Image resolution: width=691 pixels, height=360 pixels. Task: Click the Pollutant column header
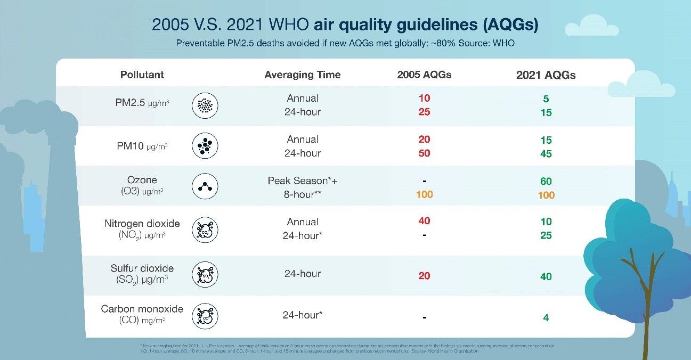tap(142, 75)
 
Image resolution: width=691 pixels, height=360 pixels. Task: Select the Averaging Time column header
tap(302, 75)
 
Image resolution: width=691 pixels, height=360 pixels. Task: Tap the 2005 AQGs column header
tap(424, 75)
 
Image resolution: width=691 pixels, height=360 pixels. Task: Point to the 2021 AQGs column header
tap(546, 75)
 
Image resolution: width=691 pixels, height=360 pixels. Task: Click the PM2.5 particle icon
tap(205, 105)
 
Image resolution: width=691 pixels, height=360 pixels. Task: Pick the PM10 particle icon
tap(205, 146)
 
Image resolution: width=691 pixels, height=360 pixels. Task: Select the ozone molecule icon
tap(205, 187)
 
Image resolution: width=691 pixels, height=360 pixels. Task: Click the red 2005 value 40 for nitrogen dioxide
tap(424, 221)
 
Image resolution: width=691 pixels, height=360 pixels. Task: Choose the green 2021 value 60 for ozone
tap(546, 182)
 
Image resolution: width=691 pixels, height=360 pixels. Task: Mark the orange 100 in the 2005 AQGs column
tap(424, 194)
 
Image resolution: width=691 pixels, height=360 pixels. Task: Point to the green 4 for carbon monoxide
tap(546, 318)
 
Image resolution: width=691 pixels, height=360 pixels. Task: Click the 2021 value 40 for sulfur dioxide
tap(546, 276)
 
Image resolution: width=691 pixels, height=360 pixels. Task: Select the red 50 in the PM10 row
tap(424, 153)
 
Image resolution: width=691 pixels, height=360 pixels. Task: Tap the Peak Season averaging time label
tap(303, 181)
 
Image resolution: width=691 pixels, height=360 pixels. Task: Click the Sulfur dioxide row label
tap(142, 268)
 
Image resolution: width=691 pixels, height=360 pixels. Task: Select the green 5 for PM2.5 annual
tap(546, 99)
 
